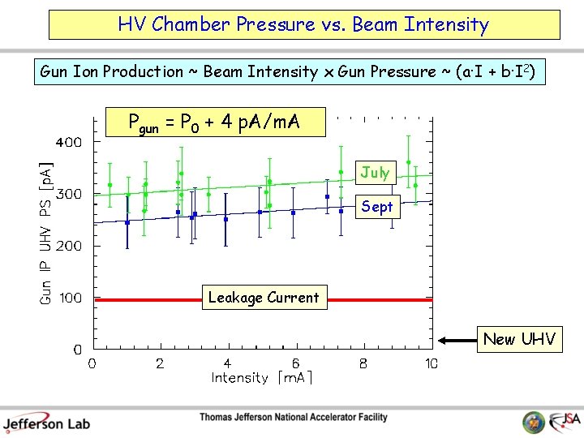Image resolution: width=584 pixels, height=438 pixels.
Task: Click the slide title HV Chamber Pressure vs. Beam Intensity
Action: (x=303, y=24)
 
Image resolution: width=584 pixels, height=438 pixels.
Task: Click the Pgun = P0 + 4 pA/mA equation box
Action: (x=215, y=123)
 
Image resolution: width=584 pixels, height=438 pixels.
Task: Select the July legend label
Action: (x=375, y=172)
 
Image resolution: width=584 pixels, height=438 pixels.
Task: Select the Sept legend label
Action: (x=376, y=206)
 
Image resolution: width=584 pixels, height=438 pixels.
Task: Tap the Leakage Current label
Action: (x=264, y=298)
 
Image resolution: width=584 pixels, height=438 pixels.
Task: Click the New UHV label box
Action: (x=519, y=339)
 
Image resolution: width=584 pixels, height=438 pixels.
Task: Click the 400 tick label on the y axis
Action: (x=68, y=142)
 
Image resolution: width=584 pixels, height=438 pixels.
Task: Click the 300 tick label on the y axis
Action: (x=68, y=194)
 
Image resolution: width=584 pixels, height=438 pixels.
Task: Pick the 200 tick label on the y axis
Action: (x=68, y=246)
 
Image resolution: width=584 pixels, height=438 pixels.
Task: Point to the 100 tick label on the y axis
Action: (x=68, y=298)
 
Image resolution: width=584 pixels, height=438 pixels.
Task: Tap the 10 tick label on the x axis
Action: (x=431, y=363)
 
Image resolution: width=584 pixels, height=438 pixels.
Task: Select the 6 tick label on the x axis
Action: (x=295, y=363)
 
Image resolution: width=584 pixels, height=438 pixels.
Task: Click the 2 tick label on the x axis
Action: (x=160, y=363)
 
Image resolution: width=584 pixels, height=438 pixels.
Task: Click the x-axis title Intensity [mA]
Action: (x=262, y=378)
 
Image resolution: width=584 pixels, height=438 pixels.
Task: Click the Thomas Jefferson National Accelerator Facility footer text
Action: (x=294, y=418)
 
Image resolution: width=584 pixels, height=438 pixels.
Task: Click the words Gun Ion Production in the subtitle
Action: (x=112, y=72)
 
